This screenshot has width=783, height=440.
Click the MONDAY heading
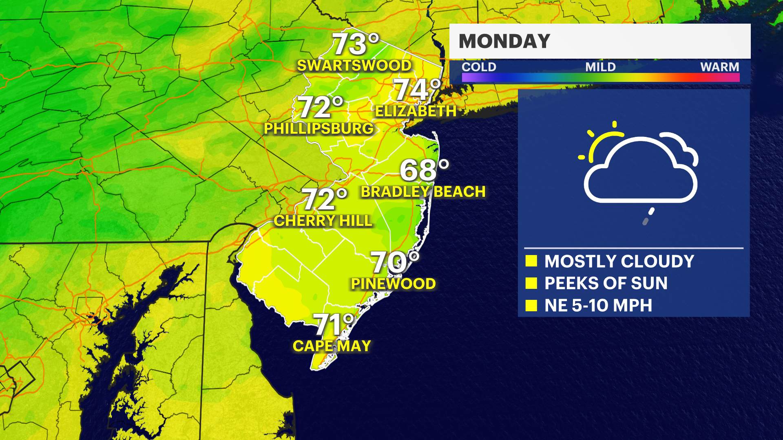point(504,41)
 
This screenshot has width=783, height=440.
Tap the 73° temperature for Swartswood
point(355,44)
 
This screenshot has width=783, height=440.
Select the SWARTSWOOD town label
point(354,66)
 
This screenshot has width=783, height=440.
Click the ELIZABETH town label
point(416,111)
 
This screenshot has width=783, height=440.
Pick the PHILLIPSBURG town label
point(319,129)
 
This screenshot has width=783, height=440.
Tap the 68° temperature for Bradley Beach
point(424,170)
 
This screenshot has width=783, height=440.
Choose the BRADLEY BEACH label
point(423,192)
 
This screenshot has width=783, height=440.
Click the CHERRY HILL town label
point(323,221)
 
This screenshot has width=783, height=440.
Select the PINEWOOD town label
point(393,284)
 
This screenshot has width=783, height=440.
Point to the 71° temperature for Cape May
point(333,325)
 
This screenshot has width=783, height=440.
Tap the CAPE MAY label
point(332,346)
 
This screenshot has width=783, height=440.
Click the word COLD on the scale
point(479,67)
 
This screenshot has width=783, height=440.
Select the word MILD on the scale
point(600,67)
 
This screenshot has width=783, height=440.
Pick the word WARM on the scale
point(719,67)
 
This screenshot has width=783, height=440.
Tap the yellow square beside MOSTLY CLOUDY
point(531,261)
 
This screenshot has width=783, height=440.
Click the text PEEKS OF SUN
point(606,283)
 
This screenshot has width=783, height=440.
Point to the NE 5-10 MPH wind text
point(598,306)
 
